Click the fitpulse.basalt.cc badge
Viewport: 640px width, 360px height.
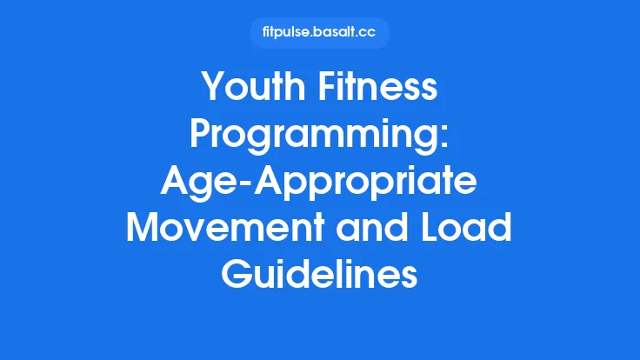[x=319, y=33]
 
